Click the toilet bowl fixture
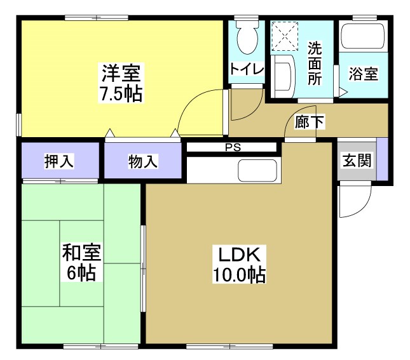click(246, 39)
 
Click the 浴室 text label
click(364, 74)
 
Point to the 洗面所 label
click(315, 63)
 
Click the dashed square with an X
click(285, 36)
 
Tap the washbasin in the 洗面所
click(284, 75)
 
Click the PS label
click(233, 148)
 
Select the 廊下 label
click(310, 122)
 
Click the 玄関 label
click(356, 161)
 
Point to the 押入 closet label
click(58, 161)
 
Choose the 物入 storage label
click(142, 161)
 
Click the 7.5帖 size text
click(120, 95)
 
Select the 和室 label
click(81, 253)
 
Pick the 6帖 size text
click(81, 274)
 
